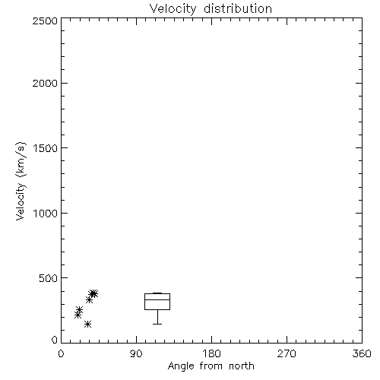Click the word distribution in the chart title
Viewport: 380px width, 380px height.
[238, 8]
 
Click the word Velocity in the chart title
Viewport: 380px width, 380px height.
[173, 8]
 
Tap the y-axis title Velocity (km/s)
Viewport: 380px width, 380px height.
[21, 181]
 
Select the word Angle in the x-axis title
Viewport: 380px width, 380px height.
[181, 366]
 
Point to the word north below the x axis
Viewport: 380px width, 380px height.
[242, 366]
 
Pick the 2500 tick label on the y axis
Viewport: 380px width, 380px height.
[45, 21]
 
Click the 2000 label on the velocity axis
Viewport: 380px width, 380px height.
[45, 83]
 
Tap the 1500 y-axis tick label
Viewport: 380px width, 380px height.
[46, 148]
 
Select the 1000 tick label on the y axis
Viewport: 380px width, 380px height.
[46, 213]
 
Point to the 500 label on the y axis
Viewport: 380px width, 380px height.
[49, 278]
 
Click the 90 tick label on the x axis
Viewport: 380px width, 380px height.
[136, 353]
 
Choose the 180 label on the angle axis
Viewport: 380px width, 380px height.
[211, 353]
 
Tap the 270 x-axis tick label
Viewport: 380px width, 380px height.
[287, 353]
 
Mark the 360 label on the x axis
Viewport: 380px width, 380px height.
[362, 353]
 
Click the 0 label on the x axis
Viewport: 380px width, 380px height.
[61, 353]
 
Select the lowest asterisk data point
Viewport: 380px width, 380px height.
[87, 324]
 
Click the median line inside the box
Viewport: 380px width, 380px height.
[157, 300]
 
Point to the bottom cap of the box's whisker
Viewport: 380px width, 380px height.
[157, 324]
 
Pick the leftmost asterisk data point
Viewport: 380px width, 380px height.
[78, 315]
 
